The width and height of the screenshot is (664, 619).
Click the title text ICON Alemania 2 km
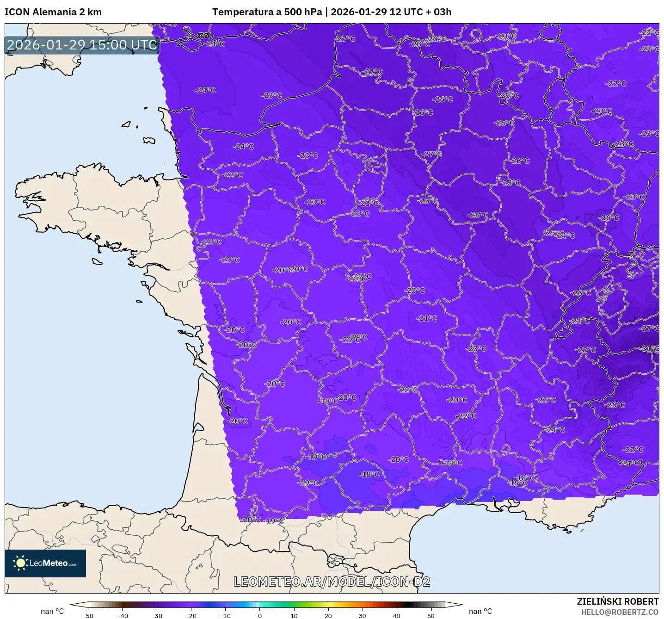tap(53, 12)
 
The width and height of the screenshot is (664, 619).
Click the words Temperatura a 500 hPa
tap(267, 12)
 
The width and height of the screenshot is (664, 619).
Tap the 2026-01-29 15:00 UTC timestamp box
tap(82, 45)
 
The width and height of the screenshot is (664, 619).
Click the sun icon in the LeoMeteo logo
tap(20, 563)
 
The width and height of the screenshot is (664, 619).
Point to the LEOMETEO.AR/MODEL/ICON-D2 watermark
tap(332, 582)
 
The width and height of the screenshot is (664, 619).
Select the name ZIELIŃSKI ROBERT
tap(617, 601)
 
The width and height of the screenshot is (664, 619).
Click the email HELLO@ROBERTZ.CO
tap(619, 612)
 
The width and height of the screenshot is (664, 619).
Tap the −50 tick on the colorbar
tap(88, 615)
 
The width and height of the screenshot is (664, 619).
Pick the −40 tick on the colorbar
tap(123, 615)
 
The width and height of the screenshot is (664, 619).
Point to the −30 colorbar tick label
tap(157, 615)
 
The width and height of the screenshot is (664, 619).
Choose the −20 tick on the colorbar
tap(191, 615)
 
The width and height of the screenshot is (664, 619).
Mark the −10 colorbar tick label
tap(225, 615)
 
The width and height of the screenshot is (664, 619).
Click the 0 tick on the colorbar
tap(260, 615)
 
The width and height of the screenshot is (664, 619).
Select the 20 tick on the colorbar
tap(328, 615)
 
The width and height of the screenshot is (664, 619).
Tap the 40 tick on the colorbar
tap(397, 615)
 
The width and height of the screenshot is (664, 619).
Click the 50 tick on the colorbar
tap(431, 615)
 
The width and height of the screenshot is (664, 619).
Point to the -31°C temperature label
tap(650, 348)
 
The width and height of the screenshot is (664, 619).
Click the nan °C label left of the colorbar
tap(52, 611)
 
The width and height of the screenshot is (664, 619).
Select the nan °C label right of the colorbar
tap(480, 611)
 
